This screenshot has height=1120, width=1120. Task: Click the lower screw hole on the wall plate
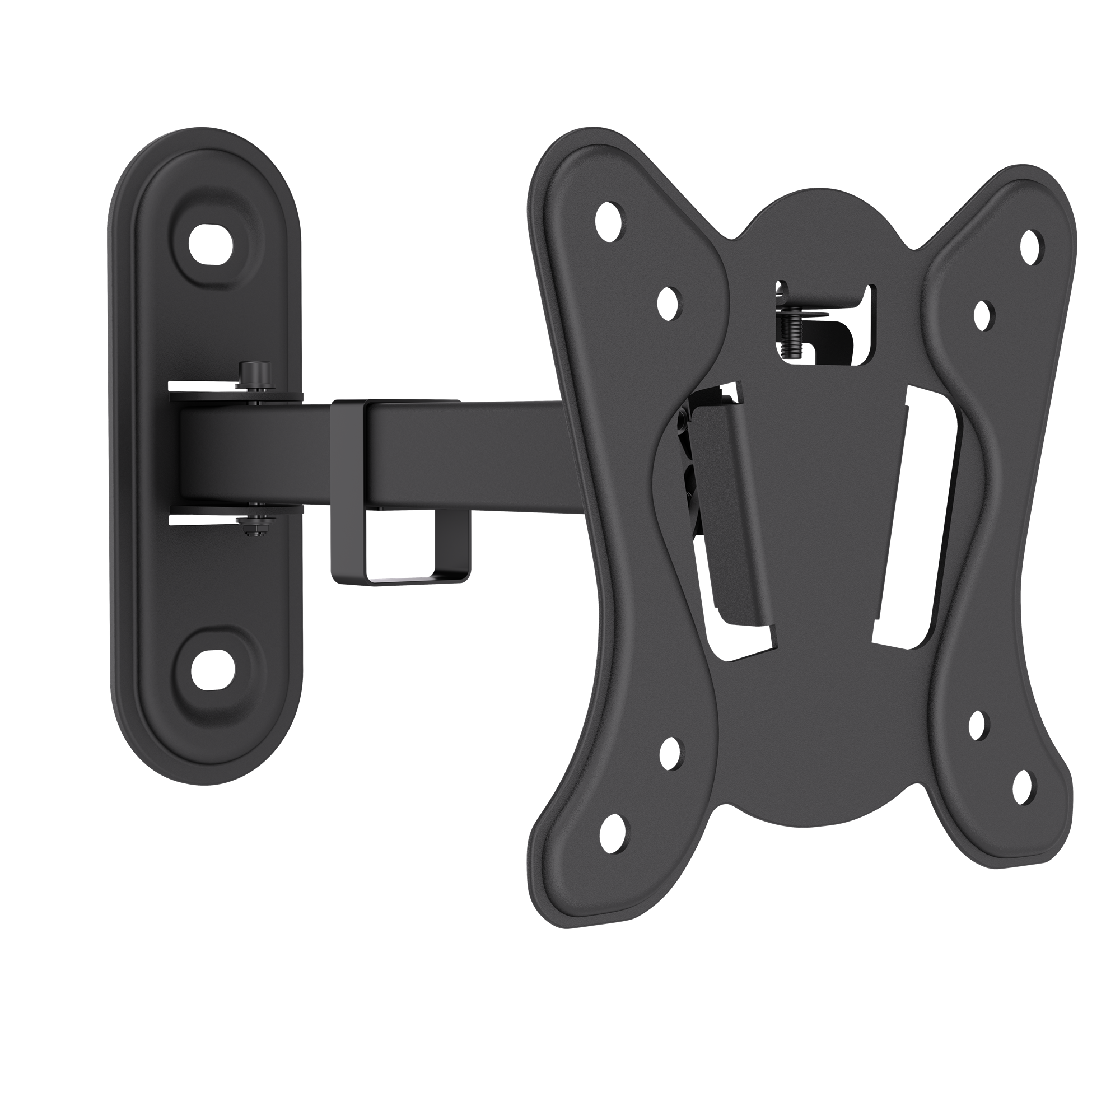pos(211,670)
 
